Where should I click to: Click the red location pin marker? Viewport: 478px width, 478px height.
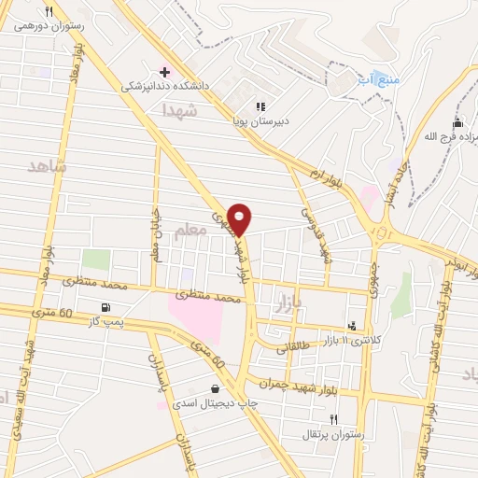[x=240, y=219]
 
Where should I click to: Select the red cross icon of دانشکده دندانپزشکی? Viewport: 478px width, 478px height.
[x=165, y=72]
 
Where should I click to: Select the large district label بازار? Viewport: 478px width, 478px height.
[x=290, y=302]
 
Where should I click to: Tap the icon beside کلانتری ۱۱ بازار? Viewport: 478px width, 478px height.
[x=352, y=326]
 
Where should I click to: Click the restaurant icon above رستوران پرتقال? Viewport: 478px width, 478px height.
[x=333, y=419]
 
